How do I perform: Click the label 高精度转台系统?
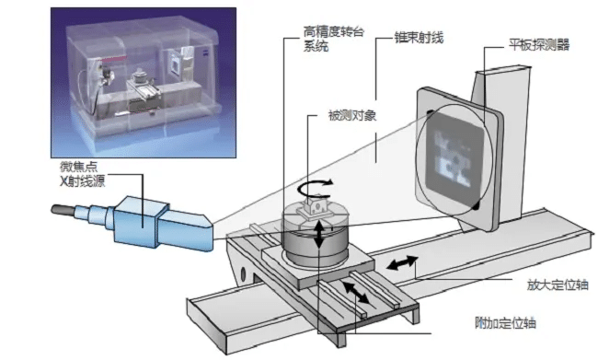(334, 39)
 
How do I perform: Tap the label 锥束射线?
(419, 38)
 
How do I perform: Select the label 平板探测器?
(539, 45)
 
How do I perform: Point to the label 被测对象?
(352, 115)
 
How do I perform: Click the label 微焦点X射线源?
(83, 174)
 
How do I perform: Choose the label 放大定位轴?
(558, 285)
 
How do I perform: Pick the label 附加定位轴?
(505, 323)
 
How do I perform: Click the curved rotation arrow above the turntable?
(315, 188)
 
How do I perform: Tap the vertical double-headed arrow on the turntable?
(319, 234)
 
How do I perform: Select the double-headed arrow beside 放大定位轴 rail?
(402, 262)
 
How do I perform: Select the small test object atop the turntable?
(316, 206)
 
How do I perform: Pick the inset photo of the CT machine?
(144, 83)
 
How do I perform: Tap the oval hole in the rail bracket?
(242, 273)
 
